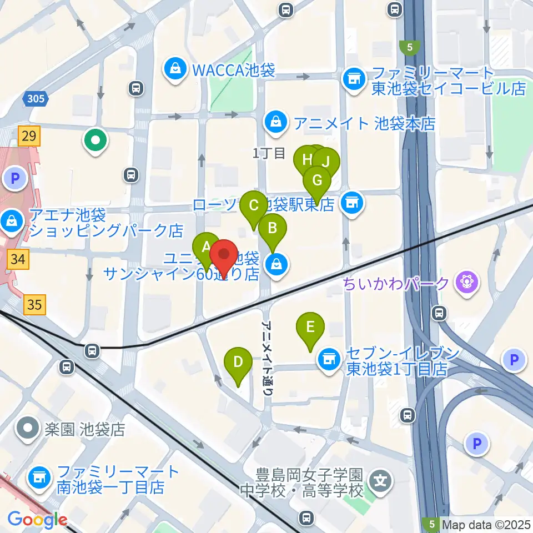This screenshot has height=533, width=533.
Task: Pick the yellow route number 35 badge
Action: (x=34, y=304)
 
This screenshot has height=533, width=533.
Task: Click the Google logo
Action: (x=37, y=520)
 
